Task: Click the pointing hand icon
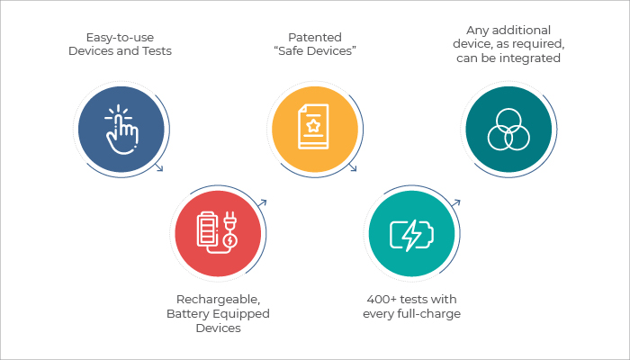(x=121, y=130)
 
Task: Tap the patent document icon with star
(x=313, y=127)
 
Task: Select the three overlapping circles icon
(x=508, y=130)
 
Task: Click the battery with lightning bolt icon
(x=412, y=235)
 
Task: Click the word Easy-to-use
(x=120, y=38)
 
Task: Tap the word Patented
(x=315, y=38)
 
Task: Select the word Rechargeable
(x=218, y=300)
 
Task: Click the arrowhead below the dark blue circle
(x=159, y=168)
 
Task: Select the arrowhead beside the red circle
(x=263, y=202)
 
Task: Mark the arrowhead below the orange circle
(x=353, y=168)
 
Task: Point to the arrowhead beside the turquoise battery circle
(x=456, y=202)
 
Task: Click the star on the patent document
(x=312, y=126)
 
